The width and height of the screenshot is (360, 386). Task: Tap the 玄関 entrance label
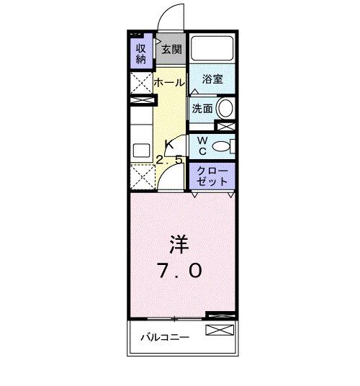pos(171,50)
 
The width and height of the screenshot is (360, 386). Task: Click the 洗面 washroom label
pos(202,109)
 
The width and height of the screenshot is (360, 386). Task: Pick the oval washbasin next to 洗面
pos(225,109)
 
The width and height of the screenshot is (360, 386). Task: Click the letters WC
pos(202,145)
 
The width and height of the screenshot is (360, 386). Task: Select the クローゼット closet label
pos(212,176)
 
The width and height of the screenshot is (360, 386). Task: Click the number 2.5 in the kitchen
pos(170,161)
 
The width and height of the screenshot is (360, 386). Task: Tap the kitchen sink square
pos(140,151)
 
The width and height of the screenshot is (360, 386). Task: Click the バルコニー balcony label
pos(165,337)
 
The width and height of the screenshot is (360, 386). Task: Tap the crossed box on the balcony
pos(220,331)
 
